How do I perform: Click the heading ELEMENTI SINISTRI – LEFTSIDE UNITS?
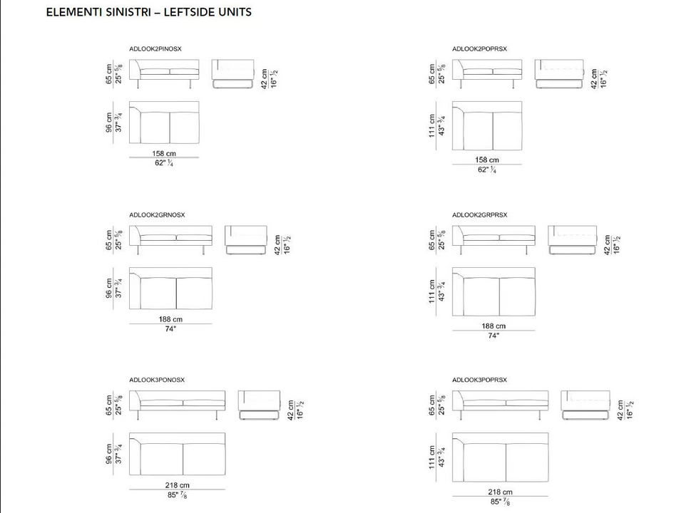point(149,12)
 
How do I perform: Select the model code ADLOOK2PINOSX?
point(155,49)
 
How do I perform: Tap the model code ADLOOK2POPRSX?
point(479,49)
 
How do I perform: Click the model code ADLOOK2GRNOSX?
point(157,215)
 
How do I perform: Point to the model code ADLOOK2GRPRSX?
point(480,215)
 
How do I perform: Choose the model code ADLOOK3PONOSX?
point(157,380)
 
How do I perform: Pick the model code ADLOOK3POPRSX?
point(479,380)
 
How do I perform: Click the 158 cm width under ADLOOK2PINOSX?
point(164,153)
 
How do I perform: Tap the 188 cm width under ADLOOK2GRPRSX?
point(493,326)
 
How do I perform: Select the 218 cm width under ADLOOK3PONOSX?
point(177,485)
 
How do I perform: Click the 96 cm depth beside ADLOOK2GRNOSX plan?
point(109,289)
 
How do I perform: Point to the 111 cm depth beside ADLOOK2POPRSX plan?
point(432,126)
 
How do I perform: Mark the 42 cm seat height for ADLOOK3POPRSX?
point(620,410)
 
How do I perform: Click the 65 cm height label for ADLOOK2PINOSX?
point(109,73)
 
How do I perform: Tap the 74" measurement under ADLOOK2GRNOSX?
point(170,328)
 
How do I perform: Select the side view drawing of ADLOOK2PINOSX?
point(232,74)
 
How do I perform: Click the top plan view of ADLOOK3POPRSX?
point(500,457)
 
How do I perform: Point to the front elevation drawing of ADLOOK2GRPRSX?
point(493,240)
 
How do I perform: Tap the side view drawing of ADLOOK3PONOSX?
point(259,405)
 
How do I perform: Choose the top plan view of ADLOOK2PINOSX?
point(164,123)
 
